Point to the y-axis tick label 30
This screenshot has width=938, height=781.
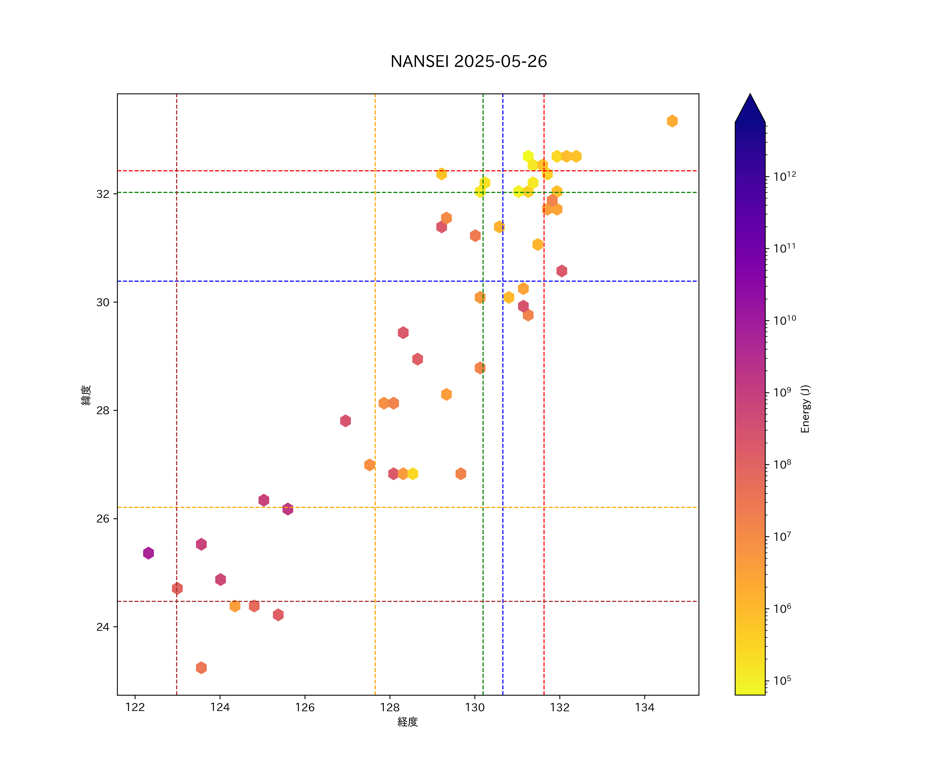103,303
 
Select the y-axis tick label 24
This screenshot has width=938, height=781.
103,627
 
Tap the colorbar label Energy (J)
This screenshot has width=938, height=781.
805,409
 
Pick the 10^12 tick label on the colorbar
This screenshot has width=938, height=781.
785,176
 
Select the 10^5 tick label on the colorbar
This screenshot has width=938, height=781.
782,681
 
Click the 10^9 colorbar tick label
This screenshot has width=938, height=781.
782,392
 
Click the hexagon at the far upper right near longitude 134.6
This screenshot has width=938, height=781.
672,121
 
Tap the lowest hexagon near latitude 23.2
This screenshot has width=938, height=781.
201,668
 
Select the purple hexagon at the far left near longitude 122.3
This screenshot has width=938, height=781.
148,553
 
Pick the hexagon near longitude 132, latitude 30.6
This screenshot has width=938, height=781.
561,271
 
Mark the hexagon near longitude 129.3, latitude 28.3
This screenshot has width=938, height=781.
446,394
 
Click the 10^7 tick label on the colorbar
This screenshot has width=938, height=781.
782,537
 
